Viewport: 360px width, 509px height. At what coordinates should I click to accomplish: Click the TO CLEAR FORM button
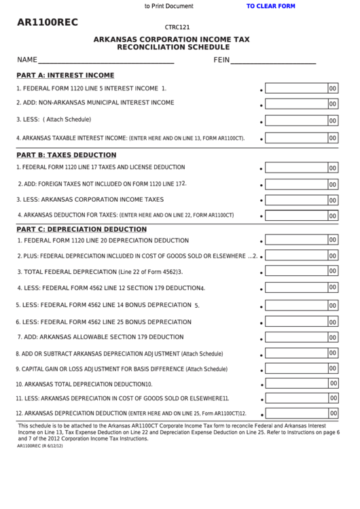(270, 6)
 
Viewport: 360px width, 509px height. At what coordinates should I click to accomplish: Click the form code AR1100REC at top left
(48, 22)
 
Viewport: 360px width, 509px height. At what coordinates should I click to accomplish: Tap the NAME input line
(106, 60)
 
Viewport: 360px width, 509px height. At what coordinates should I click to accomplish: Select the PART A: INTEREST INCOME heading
(65, 75)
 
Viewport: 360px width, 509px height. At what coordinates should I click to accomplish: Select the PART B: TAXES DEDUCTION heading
(66, 155)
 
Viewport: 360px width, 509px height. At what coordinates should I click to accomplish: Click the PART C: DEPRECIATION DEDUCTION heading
(81, 229)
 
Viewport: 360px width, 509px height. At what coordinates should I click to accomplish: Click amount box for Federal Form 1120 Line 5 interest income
(295, 88)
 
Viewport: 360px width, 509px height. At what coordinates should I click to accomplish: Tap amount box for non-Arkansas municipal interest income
(295, 104)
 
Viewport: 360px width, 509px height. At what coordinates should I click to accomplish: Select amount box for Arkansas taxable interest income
(295, 137)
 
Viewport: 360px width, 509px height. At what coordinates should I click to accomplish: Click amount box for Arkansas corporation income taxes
(295, 200)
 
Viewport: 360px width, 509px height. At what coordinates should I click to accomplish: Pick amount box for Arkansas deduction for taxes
(295, 215)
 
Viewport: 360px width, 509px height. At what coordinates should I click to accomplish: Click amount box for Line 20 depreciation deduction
(295, 240)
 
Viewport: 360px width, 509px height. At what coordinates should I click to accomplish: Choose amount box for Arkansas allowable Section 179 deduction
(295, 337)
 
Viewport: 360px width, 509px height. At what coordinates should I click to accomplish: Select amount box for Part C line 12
(295, 413)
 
